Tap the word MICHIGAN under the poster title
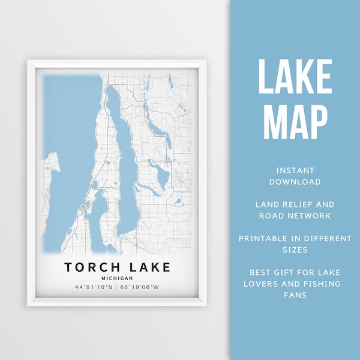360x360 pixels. [x=117, y=278]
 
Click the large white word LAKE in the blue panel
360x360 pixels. [x=295, y=77]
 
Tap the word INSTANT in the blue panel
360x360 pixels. [x=295, y=170]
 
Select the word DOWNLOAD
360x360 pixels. [x=295, y=182]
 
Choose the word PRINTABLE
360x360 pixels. [x=263, y=239]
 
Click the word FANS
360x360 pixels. [x=295, y=295]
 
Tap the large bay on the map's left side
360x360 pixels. [x=66, y=150]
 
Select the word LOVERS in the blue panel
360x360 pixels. [x=269, y=284]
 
